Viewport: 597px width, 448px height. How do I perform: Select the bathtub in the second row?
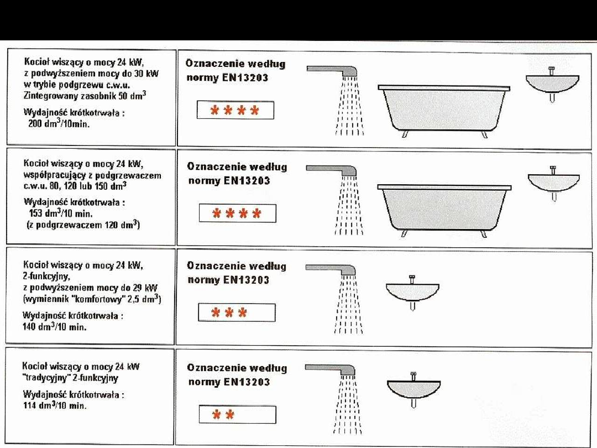click(444, 210)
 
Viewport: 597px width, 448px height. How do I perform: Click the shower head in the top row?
click(332, 71)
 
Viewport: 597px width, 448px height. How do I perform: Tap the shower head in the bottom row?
click(331, 370)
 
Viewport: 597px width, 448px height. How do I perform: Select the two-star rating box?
click(237, 414)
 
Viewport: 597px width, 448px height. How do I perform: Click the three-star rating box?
click(237, 312)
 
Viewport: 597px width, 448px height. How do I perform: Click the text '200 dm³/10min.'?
click(59, 124)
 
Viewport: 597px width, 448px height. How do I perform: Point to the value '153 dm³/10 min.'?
click(61, 213)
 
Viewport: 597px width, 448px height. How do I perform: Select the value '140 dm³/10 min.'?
click(54, 326)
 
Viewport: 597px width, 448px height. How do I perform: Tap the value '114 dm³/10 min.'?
click(55, 405)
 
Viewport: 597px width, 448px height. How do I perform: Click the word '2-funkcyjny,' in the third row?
click(46, 276)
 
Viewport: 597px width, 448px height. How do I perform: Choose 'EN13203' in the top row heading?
click(245, 78)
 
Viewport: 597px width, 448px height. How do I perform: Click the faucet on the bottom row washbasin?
click(413, 377)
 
